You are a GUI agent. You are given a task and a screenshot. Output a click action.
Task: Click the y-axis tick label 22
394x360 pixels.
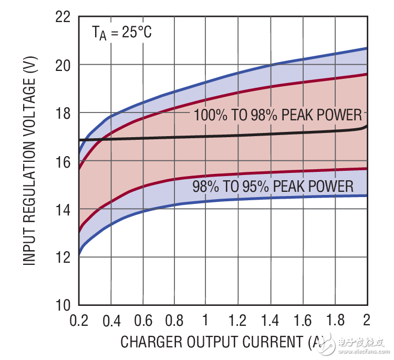point(63,17)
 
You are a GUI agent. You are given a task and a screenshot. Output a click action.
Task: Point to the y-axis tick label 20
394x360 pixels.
point(63,65)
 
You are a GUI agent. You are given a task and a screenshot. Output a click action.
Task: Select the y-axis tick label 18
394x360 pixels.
point(63,113)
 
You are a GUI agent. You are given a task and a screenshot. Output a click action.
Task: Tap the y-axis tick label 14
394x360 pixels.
point(63,209)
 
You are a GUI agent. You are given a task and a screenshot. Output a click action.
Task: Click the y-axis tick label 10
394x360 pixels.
point(63,305)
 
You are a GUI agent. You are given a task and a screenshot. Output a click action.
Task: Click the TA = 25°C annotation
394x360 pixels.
point(122,33)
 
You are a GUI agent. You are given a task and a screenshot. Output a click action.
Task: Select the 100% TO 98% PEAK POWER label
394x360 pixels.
point(278,115)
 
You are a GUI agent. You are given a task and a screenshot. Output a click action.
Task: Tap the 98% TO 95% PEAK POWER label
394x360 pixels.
point(273,187)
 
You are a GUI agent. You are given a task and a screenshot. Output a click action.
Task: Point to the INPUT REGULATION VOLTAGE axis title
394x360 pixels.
point(31,160)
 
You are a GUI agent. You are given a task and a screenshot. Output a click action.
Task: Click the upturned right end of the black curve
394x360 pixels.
point(366,127)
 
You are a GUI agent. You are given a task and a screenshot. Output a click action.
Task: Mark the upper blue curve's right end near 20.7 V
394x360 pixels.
point(366,48)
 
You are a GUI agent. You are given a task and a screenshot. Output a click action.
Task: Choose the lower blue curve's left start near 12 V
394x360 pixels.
point(80,253)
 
